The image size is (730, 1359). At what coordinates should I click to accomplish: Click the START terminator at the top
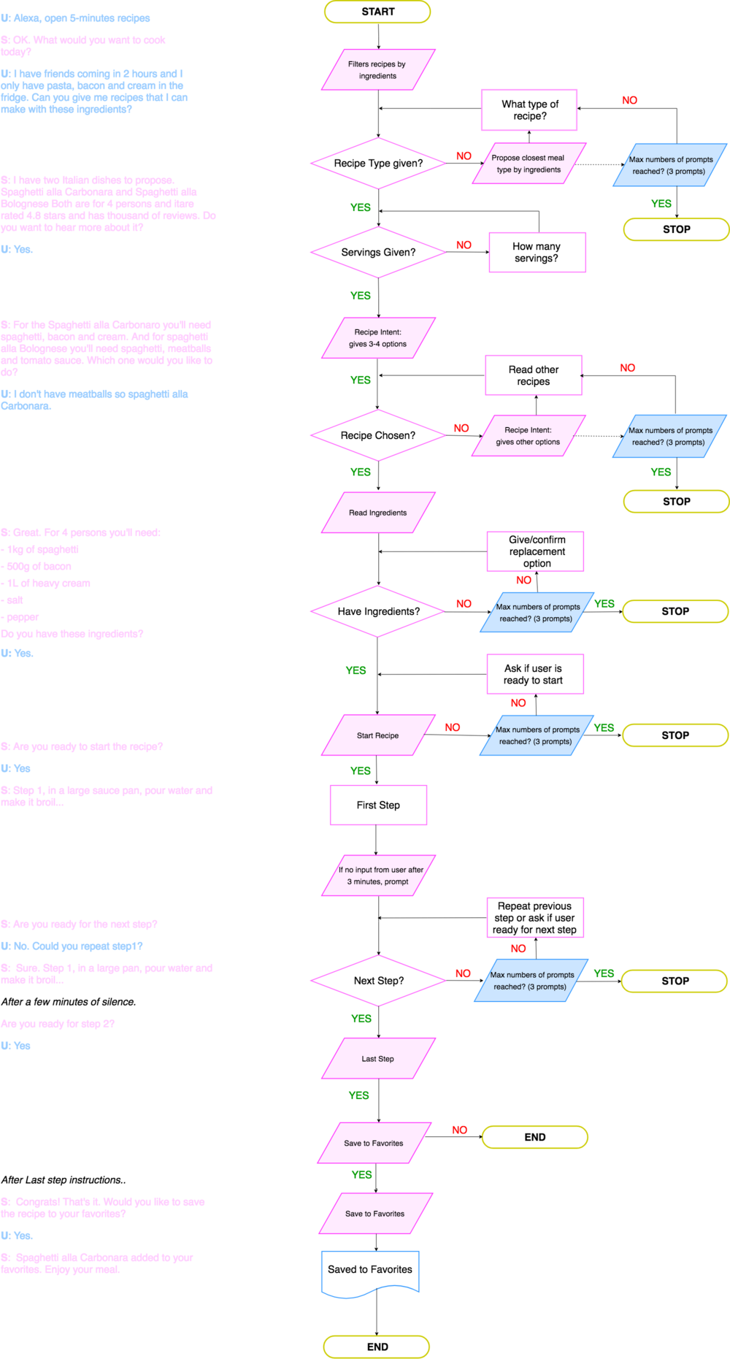coord(377,12)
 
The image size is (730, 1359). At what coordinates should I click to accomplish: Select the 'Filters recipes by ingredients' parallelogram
coord(378,70)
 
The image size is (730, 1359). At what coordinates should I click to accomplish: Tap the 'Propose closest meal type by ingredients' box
coord(529,164)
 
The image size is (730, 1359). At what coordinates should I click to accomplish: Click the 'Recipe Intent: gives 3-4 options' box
coord(378,337)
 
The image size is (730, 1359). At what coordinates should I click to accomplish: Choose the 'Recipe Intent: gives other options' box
coord(528,436)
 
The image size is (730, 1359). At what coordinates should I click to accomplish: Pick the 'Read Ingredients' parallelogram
coord(378,513)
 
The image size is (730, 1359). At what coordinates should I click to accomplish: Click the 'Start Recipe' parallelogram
coord(378,735)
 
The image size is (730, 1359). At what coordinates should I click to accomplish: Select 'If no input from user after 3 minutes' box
coord(378,876)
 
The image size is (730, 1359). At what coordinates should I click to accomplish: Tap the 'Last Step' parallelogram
coord(378,1058)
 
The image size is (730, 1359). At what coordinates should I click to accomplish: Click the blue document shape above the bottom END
coord(370,1273)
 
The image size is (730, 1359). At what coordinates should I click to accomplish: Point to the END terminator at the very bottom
coord(377,1347)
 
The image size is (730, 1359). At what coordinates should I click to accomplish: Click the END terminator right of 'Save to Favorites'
coord(535,1137)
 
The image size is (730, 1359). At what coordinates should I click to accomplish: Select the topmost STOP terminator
coord(676,229)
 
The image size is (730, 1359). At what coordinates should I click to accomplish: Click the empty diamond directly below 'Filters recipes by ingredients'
coord(378,164)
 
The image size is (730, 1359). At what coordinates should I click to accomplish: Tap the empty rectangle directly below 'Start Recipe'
coord(378,805)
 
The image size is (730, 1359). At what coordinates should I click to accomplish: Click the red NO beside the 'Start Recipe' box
coord(453,727)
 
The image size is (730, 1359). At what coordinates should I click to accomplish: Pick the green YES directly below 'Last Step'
coord(358,1095)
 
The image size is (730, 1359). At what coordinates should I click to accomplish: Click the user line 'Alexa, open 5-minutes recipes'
coord(76,18)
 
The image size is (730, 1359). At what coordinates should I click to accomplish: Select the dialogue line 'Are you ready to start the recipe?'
coord(82,746)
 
